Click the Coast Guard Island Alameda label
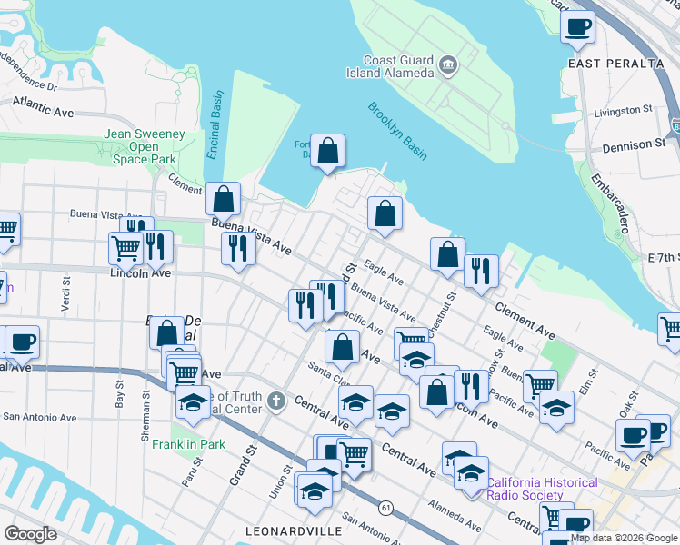tap(391, 66)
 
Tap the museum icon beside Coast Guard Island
tap(448, 64)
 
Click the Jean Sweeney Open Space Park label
tap(145, 146)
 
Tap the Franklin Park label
tap(188, 445)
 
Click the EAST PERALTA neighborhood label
tap(615, 64)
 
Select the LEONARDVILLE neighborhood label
tap(294, 530)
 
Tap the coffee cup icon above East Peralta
tap(577, 28)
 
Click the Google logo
tap(31, 534)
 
